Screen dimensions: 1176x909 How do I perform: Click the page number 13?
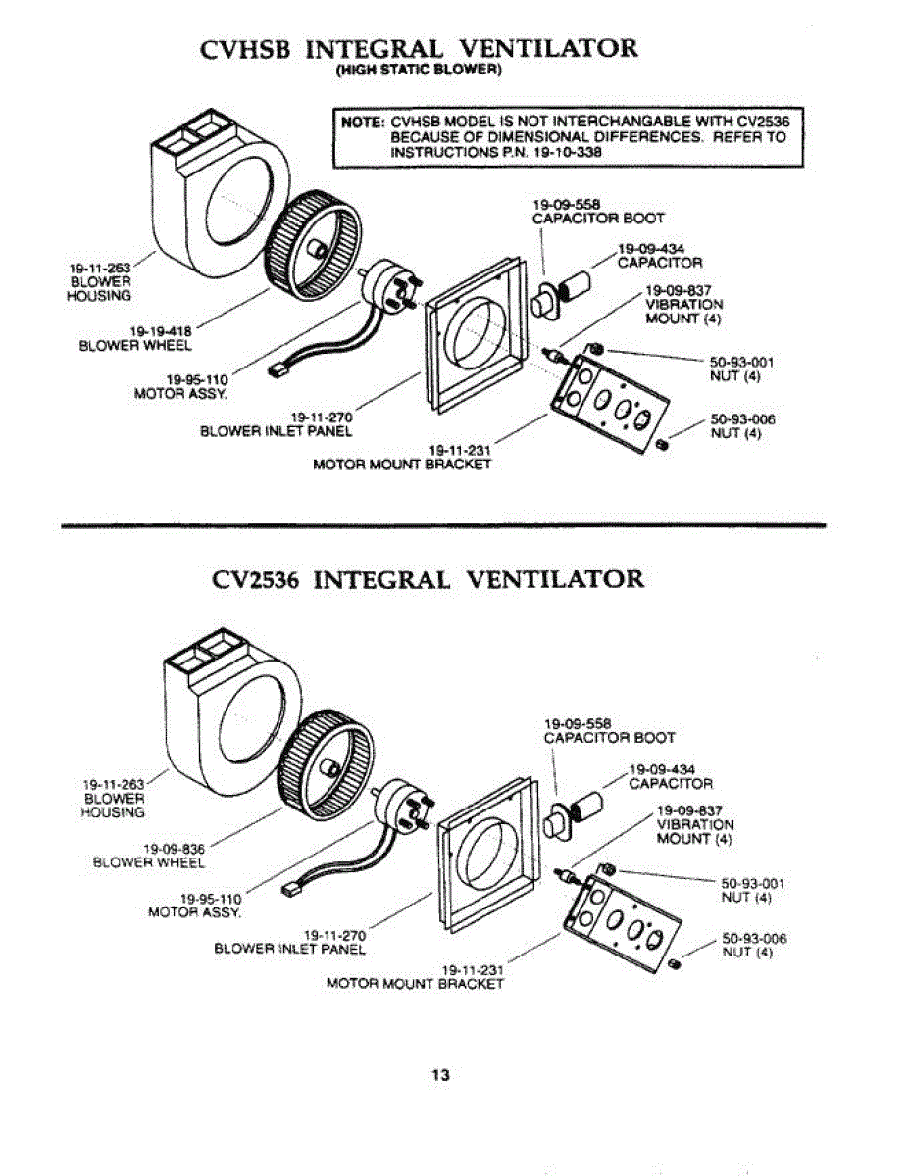click(440, 1075)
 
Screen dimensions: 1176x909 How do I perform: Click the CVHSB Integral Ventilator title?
click(419, 49)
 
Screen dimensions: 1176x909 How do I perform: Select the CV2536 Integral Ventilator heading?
click(429, 579)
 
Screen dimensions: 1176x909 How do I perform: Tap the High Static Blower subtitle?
click(419, 72)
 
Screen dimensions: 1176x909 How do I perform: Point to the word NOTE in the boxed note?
click(360, 122)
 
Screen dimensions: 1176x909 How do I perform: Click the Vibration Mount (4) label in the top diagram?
click(683, 304)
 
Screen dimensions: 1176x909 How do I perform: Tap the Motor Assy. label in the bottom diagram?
click(194, 905)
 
